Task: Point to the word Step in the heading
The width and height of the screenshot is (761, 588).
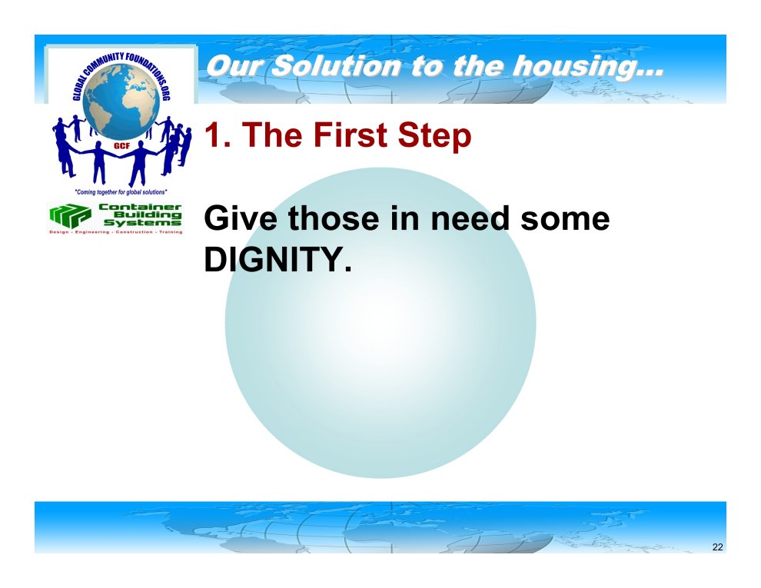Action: click(434, 136)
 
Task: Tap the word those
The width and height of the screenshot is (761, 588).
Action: click(334, 218)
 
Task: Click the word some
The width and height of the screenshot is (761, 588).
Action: click(565, 219)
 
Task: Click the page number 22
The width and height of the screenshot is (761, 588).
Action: click(717, 547)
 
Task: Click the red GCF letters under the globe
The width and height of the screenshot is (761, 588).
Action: click(121, 145)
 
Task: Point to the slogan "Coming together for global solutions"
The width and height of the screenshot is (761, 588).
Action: click(121, 192)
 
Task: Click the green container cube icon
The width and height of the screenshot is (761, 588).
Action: click(70, 216)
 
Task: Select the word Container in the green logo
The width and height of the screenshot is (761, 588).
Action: click(140, 208)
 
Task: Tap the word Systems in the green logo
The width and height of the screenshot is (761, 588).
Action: click(142, 223)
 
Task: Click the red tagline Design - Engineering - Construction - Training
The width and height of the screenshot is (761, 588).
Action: click(116, 232)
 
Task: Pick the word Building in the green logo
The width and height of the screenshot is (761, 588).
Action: click(148, 215)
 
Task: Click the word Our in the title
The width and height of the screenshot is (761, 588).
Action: click(235, 65)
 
